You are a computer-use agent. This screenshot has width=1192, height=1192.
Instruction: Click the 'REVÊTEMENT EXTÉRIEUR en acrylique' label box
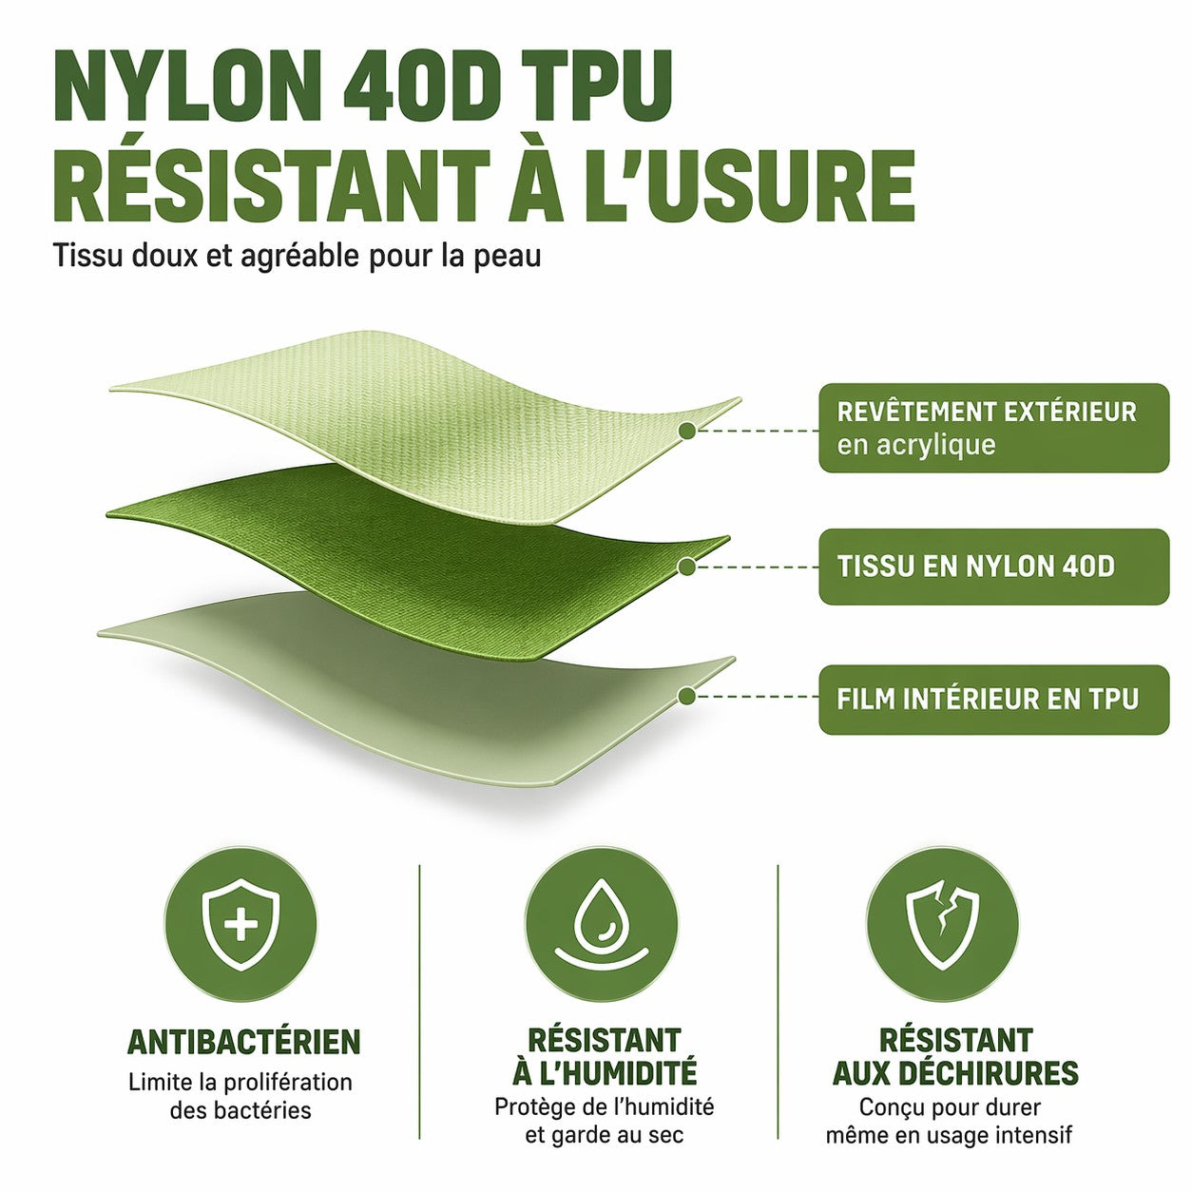tap(993, 428)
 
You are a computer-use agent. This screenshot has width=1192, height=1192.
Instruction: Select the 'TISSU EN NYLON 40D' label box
tap(993, 566)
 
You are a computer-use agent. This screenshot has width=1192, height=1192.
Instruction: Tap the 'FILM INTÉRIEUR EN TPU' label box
tap(993, 699)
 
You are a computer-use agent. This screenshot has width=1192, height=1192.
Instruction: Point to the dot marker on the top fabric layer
tap(686, 431)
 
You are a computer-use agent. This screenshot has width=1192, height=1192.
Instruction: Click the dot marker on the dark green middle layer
tap(686, 567)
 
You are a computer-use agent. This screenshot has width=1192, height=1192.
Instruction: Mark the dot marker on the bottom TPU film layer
tap(685, 696)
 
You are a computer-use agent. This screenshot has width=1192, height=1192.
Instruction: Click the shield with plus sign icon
tap(240, 925)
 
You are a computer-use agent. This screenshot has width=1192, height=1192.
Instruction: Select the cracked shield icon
tap(942, 924)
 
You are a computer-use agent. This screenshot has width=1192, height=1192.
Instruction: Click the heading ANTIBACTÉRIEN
tap(243, 1043)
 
